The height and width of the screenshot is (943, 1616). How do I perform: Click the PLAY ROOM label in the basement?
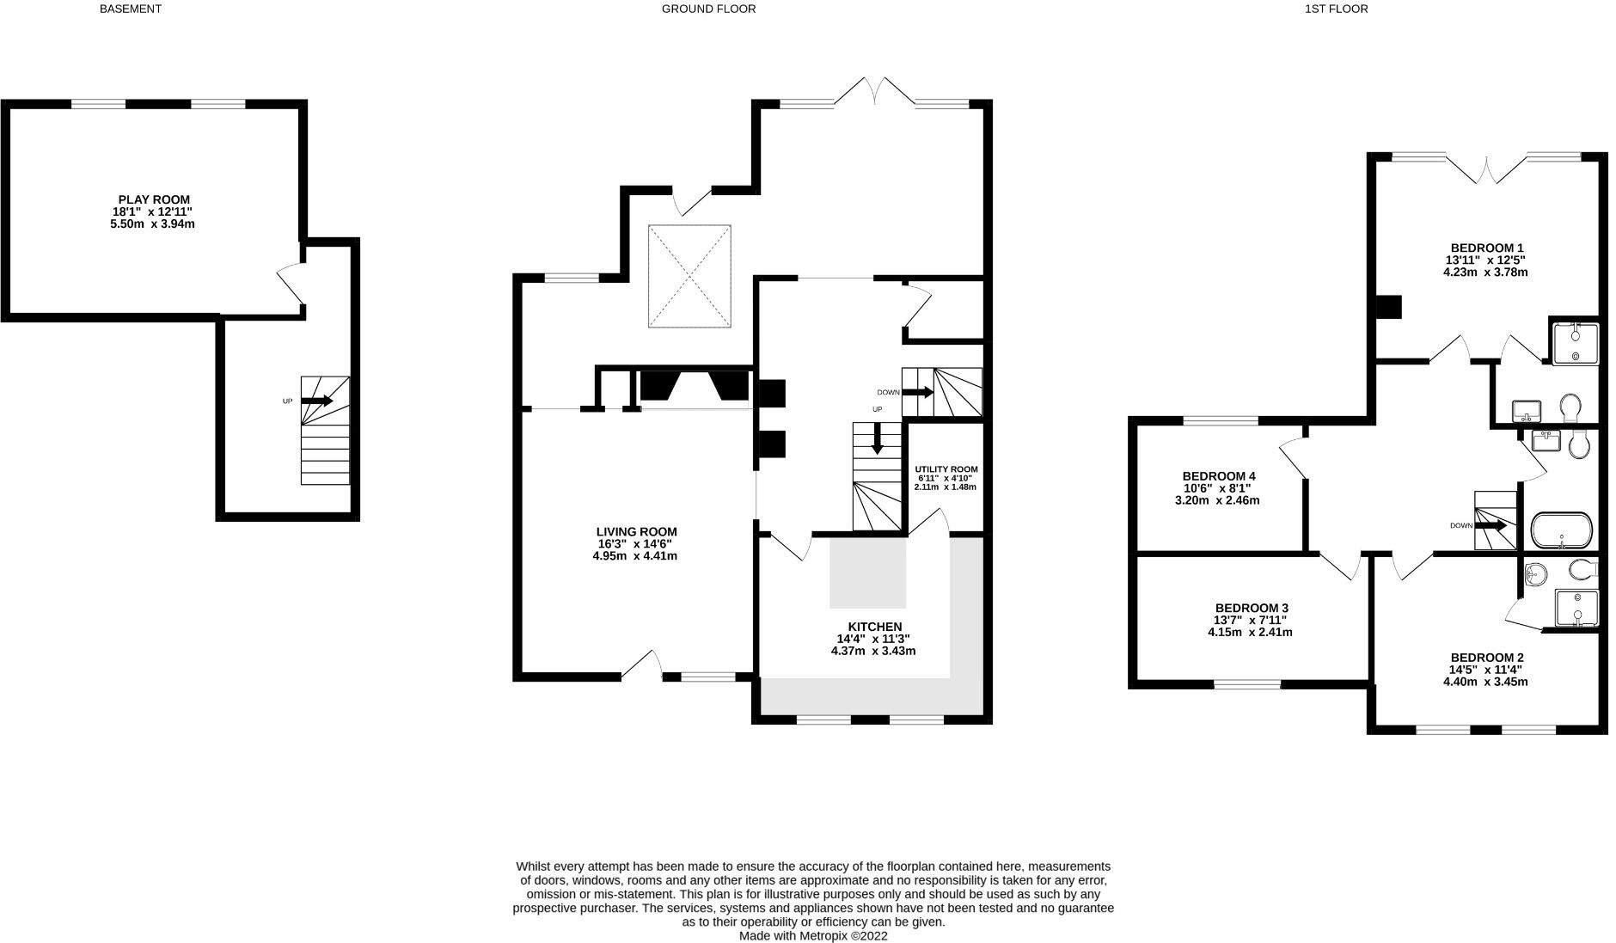point(154,199)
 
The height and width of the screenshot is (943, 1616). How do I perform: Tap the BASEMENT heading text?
point(130,9)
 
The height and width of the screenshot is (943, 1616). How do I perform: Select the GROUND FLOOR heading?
point(708,9)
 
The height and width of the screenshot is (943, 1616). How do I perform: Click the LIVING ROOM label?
point(636,532)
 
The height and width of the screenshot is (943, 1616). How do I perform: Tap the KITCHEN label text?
point(874,627)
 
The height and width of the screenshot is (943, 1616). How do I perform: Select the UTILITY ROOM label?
point(946,469)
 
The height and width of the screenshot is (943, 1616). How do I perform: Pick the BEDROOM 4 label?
point(1218,476)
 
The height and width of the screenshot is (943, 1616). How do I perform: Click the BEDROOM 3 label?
point(1251,608)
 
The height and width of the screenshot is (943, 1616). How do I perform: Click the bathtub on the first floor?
point(1562,530)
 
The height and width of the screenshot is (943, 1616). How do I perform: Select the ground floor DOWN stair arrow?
point(917,392)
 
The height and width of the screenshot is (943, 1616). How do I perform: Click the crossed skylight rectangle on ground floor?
point(689,276)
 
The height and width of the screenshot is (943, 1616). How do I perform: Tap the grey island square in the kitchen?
point(867,573)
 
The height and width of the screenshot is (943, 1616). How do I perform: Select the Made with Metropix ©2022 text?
point(812,936)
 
